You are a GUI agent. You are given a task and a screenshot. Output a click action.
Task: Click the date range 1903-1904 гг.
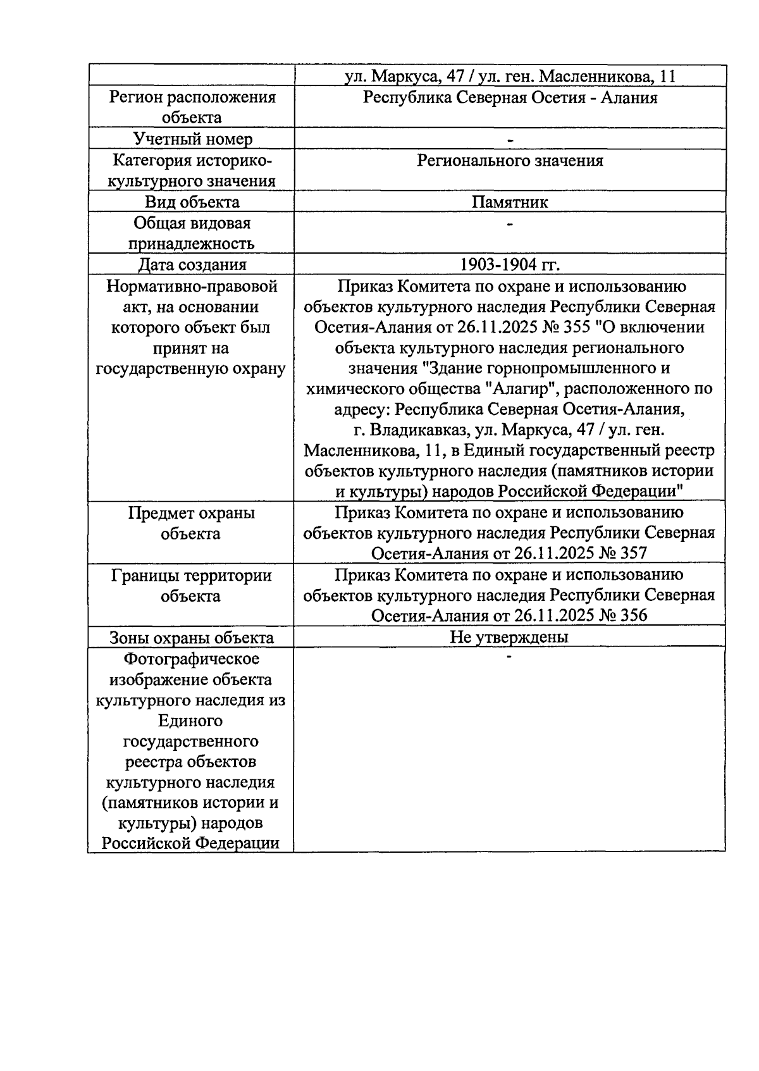pos(510,264)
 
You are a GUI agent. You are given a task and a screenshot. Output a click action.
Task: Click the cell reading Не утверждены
pos(509,637)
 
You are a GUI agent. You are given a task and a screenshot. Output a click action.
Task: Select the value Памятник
pos(510,202)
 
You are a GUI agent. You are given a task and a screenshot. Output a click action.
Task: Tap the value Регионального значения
pos(510,161)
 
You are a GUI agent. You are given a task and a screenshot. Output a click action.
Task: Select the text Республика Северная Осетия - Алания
pos(510,98)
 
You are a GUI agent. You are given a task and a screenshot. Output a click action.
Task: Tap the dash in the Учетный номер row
pos(510,140)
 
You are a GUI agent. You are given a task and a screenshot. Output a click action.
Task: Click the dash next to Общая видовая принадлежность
pos(510,224)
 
